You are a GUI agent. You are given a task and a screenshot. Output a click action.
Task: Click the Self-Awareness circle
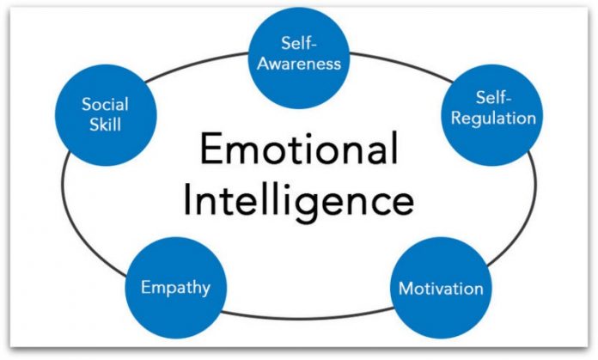click(299, 53)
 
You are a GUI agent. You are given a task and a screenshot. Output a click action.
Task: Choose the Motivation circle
click(441, 287)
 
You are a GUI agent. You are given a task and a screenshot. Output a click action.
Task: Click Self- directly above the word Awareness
click(299, 43)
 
